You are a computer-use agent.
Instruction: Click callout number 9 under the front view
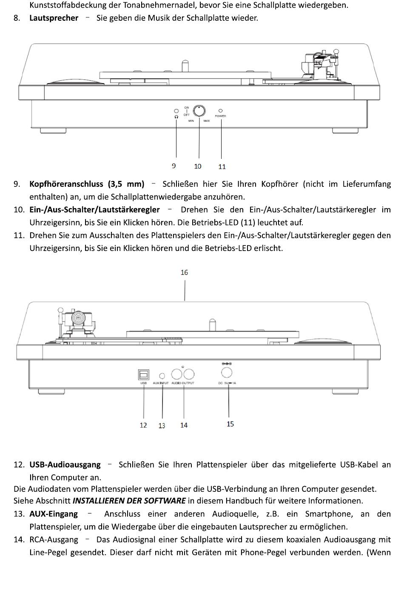click(x=174, y=166)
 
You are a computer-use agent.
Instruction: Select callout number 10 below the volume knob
click(x=198, y=166)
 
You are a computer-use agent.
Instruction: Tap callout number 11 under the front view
click(x=222, y=166)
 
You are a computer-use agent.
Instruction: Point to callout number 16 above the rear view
click(x=184, y=272)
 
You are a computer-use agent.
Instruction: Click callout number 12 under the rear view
click(x=143, y=425)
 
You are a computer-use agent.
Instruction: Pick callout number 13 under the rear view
click(x=162, y=426)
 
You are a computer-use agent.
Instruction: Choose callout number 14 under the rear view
click(x=184, y=425)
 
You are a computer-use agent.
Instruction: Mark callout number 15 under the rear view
click(x=230, y=424)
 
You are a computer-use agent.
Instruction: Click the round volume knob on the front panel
click(x=199, y=111)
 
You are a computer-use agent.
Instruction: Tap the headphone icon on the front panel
click(x=176, y=116)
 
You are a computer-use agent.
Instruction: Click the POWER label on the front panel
click(x=220, y=116)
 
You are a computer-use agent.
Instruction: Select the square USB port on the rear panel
click(x=143, y=375)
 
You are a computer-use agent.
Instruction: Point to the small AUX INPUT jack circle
click(x=162, y=376)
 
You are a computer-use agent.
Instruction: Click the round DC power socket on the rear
click(x=227, y=372)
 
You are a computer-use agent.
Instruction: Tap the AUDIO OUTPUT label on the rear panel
click(x=183, y=383)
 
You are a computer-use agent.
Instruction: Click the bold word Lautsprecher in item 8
click(x=54, y=18)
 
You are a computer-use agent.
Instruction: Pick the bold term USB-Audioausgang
click(x=65, y=465)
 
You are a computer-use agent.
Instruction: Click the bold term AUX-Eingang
click(x=54, y=514)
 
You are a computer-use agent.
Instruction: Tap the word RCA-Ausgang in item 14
click(x=54, y=539)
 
